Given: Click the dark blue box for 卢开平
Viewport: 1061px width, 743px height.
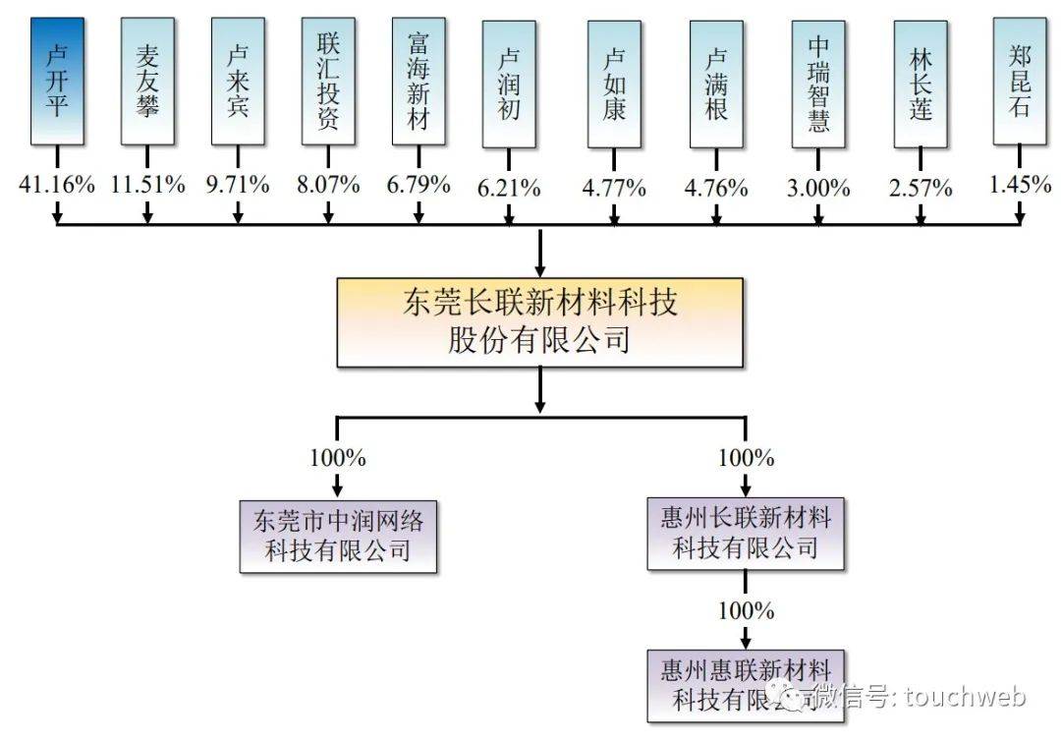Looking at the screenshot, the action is tap(58, 82).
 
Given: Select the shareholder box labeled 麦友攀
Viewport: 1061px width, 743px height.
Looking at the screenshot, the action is tap(147, 82).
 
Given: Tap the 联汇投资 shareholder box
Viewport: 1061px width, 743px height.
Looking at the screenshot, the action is tap(328, 82).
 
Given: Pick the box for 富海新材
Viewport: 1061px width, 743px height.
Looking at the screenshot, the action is tap(419, 82).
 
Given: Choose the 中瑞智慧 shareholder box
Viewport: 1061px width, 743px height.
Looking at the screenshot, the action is tap(818, 84).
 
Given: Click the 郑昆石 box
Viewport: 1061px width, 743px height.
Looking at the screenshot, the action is tap(1020, 82).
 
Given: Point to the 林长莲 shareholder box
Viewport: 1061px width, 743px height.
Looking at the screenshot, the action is tap(921, 84).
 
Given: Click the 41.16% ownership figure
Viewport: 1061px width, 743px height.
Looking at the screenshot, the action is tap(57, 184).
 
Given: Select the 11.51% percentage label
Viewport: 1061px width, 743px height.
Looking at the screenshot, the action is tap(147, 184).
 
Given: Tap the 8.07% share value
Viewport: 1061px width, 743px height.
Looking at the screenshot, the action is tap(328, 184).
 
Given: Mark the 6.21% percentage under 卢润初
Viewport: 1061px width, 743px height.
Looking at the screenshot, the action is tap(509, 188).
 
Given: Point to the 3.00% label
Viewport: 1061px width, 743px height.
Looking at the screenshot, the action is tap(818, 188).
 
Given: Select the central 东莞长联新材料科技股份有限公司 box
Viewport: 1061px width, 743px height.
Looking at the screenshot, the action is tap(540, 322).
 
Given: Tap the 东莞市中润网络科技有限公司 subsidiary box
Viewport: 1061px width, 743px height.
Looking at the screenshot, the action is tap(338, 537).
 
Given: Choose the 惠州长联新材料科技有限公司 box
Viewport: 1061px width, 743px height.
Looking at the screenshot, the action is tap(746, 534).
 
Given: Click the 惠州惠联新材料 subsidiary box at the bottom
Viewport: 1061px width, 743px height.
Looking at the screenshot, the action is tap(746, 686).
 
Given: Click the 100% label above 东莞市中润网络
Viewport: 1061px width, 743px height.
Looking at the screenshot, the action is tap(338, 458).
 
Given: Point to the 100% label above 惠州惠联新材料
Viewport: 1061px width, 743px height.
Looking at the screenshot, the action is tap(747, 611).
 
